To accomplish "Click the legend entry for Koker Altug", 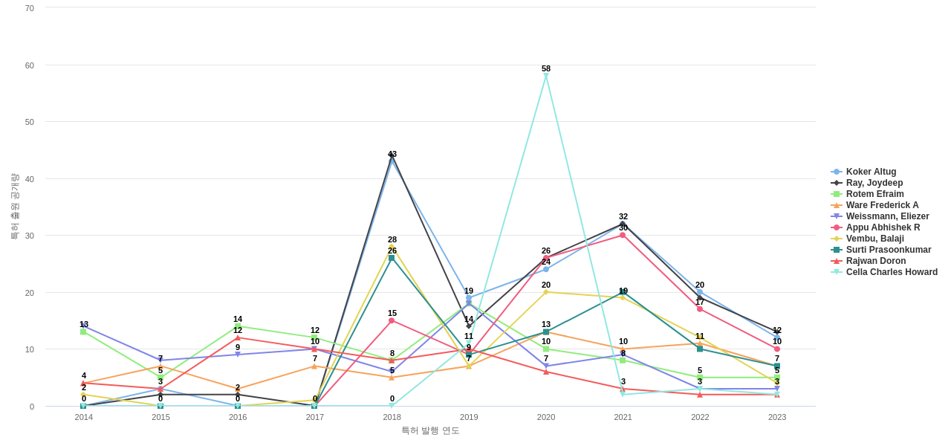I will click(x=871, y=172).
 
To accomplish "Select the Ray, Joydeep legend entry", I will click(x=874, y=183).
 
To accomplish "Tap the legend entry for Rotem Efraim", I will click(x=874, y=194).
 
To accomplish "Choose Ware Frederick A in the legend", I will click(x=882, y=205).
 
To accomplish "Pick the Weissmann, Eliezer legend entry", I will click(x=887, y=216).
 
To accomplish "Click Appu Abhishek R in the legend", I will click(x=883, y=227).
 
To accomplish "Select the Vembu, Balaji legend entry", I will click(x=874, y=239).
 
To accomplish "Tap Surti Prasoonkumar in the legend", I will click(x=888, y=250).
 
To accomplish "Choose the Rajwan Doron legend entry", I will click(x=875, y=261).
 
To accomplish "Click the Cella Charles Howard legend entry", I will click(x=891, y=272).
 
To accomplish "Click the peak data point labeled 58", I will click(x=546, y=76).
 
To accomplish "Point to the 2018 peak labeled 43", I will click(x=392, y=155).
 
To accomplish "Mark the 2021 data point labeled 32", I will click(x=623, y=224).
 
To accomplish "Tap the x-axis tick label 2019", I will click(x=469, y=417).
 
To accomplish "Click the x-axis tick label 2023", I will click(x=777, y=417).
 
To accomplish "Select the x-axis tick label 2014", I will click(x=84, y=417).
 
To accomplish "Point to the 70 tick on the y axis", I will click(x=30, y=8).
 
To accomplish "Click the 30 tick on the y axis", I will click(x=30, y=236).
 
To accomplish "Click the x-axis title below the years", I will click(x=430, y=430).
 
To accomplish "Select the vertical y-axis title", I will click(x=14, y=207).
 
